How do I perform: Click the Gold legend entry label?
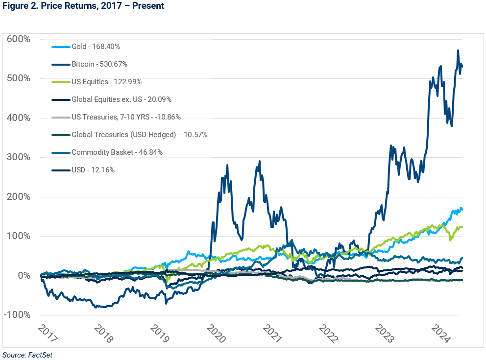coord(96,47)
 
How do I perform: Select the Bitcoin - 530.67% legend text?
coord(99,64)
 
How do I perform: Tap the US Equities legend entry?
coord(106,82)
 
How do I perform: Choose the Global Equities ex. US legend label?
coord(121,99)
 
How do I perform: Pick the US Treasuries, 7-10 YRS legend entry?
coord(126,117)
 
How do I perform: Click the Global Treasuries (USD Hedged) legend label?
coord(139,135)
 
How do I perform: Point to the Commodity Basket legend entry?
coord(117,152)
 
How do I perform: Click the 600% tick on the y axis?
coord(19,39)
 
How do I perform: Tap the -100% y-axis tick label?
coord(18,315)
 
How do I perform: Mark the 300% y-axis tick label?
coord(19,157)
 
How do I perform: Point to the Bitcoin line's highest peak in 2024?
coord(458,50)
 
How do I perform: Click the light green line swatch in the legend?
coord(60,82)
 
